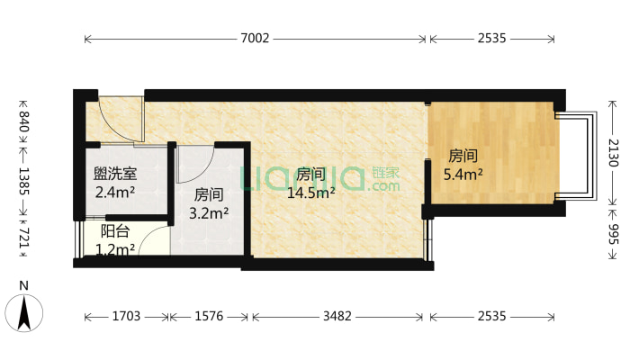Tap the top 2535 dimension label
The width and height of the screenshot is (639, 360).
[x=491, y=39]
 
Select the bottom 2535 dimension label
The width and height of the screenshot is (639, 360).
[x=491, y=317]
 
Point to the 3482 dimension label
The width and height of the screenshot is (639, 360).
[x=337, y=317]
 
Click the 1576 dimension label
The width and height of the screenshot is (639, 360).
[x=209, y=317]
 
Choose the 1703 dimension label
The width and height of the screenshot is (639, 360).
[x=127, y=317]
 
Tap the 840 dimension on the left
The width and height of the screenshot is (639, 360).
[x=24, y=121]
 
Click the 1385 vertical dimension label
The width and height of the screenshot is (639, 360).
[x=24, y=182]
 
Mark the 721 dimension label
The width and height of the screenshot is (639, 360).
[x=24, y=240]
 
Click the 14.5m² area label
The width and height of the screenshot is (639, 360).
[x=310, y=192]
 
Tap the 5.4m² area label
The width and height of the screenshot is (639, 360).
[x=463, y=174]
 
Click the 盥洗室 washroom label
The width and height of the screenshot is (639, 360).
[x=115, y=173]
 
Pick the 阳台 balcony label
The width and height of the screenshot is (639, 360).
[x=113, y=231]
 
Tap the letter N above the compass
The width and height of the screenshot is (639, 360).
[x=25, y=286]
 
